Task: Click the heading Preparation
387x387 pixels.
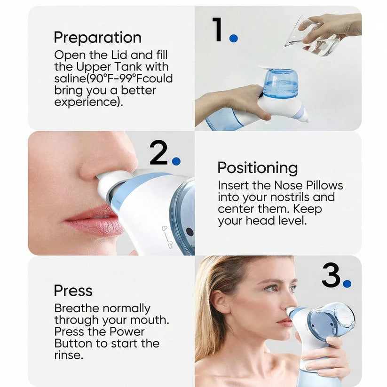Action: pos(97,37)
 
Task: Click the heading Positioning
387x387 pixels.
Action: pos(257,168)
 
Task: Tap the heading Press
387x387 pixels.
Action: pos(73,291)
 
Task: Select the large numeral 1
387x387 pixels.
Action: pos(217,30)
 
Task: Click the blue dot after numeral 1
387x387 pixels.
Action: pos(233,38)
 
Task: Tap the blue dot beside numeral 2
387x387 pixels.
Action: pos(176,161)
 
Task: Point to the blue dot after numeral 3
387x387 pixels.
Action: pos(347,284)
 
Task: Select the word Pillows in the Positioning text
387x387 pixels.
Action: pos(322,185)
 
